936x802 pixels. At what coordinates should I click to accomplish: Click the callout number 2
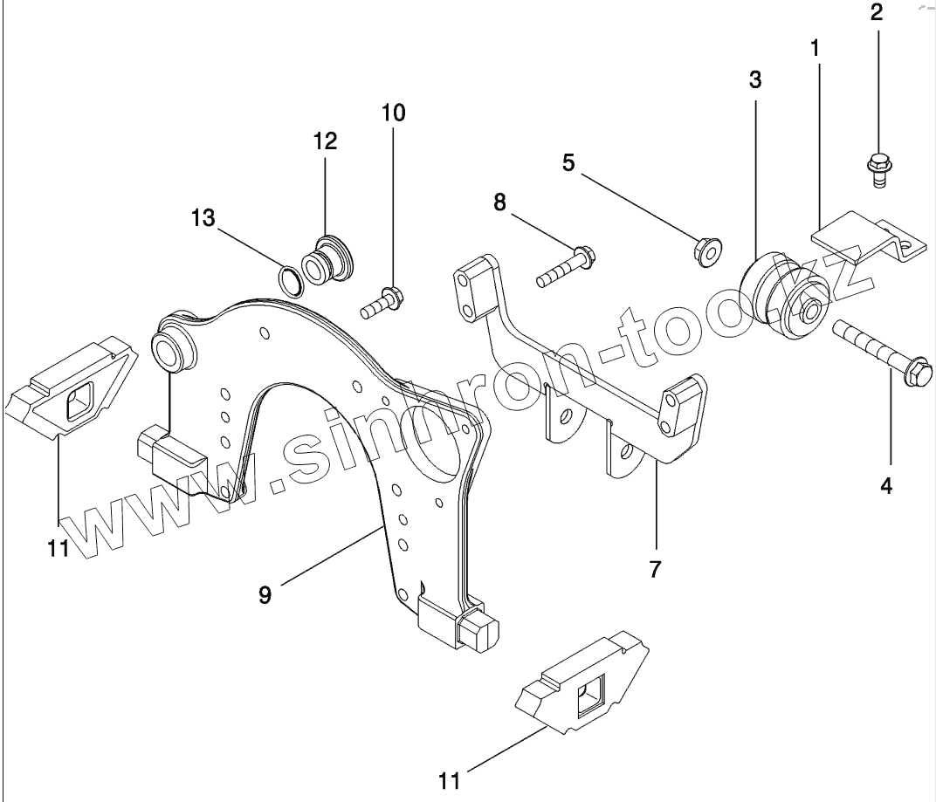pyautogui.click(x=876, y=12)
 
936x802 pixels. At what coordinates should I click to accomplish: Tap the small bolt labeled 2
pyautogui.click(x=876, y=167)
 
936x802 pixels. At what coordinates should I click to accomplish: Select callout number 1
pyautogui.click(x=816, y=49)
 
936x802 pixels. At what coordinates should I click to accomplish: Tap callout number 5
pyautogui.click(x=568, y=162)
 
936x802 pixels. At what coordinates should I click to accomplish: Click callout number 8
pyautogui.click(x=499, y=202)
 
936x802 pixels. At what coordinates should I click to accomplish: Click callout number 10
pyautogui.click(x=393, y=113)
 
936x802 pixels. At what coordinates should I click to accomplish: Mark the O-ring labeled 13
pyautogui.click(x=290, y=279)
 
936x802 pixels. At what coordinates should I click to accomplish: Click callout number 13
pyautogui.click(x=203, y=217)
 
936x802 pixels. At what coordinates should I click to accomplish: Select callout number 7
pyautogui.click(x=655, y=569)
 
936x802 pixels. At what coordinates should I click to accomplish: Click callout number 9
pyautogui.click(x=265, y=595)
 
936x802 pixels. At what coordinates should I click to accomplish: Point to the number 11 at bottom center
pyautogui.click(x=449, y=779)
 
